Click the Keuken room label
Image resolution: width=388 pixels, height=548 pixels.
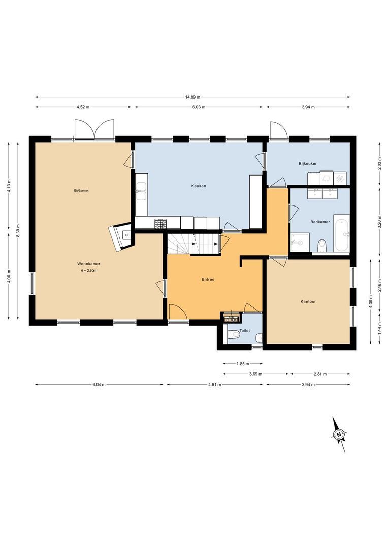click(198, 186)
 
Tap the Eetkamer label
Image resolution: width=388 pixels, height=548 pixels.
click(82, 190)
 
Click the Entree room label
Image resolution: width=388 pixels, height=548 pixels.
click(208, 279)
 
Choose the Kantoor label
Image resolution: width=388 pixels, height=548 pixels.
click(308, 301)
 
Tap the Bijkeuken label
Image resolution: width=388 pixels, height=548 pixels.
click(308, 164)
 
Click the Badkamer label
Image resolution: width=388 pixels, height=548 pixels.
click(320, 222)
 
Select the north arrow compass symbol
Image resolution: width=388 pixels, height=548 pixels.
click(339, 434)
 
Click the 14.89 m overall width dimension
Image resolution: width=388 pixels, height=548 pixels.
click(192, 97)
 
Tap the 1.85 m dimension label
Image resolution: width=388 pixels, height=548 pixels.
click(243, 364)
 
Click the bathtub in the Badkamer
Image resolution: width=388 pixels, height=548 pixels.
click(342, 233)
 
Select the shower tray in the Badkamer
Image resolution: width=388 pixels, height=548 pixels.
click(300, 243)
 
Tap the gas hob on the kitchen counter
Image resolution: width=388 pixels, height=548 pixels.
click(160, 223)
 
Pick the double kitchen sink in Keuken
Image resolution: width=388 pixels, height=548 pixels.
click(141, 187)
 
